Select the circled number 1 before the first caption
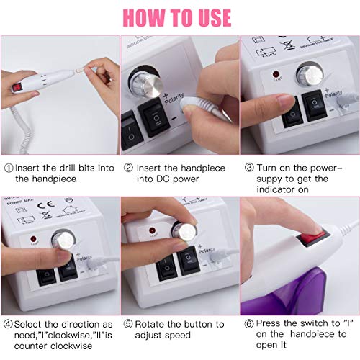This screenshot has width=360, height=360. [x=8, y=168]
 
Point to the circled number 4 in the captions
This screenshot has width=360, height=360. [x=8, y=325]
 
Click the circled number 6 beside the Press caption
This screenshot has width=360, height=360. [x=247, y=325]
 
